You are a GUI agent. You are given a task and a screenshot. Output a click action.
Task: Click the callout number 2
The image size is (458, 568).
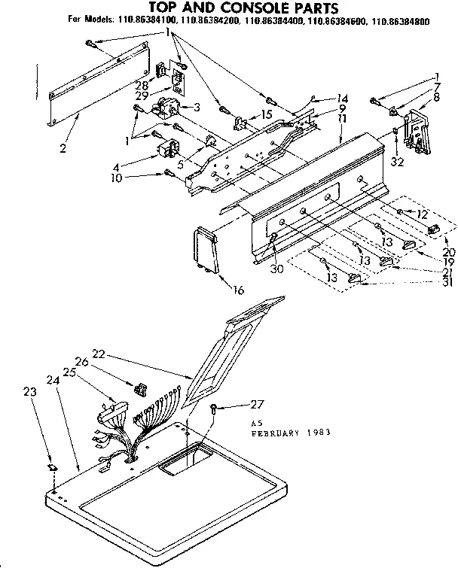(x=63, y=148)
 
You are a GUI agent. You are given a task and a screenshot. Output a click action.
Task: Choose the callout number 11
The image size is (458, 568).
(x=341, y=118)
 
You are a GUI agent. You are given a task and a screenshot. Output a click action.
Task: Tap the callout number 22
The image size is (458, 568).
(x=98, y=354)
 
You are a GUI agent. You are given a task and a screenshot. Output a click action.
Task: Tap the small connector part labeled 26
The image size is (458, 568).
(x=139, y=388)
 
